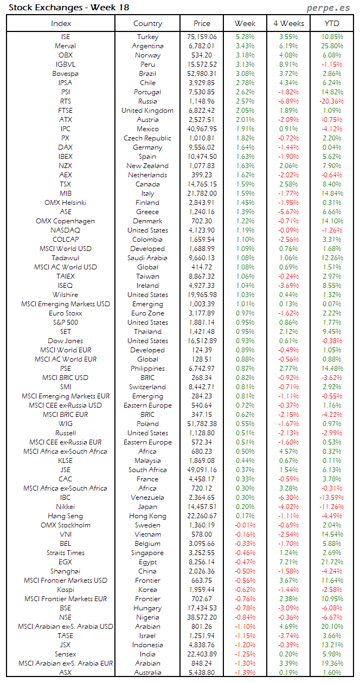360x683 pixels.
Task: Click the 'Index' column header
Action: click(x=61, y=23)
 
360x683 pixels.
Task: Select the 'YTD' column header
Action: click(x=332, y=23)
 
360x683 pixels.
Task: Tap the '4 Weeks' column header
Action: click(x=288, y=23)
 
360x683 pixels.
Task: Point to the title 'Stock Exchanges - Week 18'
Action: click(x=69, y=8)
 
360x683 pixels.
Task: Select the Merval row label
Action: click(x=65, y=46)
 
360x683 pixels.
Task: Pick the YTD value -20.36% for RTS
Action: click(x=331, y=101)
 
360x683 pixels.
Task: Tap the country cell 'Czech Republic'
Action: click(x=147, y=138)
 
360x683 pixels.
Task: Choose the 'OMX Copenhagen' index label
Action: click(x=65, y=221)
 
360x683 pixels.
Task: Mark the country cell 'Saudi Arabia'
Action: click(x=147, y=258)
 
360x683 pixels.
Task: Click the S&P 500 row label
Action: click(x=65, y=323)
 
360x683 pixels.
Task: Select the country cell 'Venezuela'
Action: click(x=147, y=498)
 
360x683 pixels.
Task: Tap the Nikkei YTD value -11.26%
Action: click(x=331, y=507)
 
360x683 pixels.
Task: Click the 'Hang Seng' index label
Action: click(x=65, y=516)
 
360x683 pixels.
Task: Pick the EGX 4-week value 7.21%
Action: click(x=288, y=562)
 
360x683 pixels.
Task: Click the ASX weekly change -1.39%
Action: click(x=245, y=673)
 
